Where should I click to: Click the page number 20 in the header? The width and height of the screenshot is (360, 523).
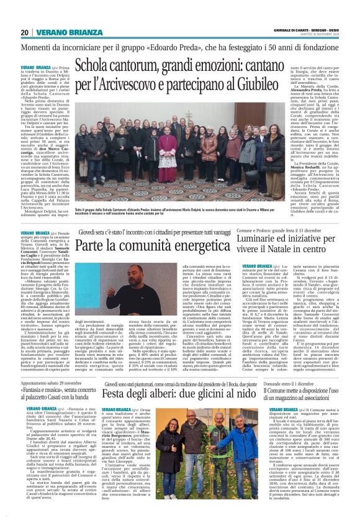24,32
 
